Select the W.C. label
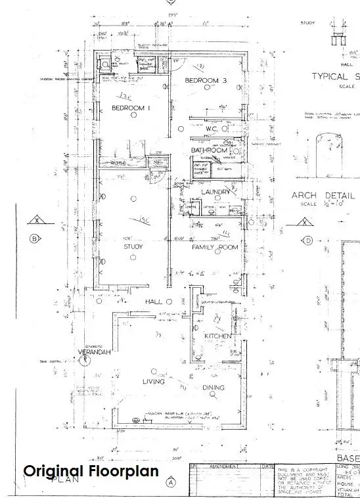click(211, 129)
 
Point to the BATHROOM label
click(209, 150)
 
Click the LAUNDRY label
click(216, 192)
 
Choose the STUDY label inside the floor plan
click(133, 247)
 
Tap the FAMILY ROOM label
click(214, 248)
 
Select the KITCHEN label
click(218, 336)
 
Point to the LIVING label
click(154, 381)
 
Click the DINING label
click(214, 388)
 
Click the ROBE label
click(118, 162)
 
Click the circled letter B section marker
click(33, 238)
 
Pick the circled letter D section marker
click(307, 240)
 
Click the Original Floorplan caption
click(91, 471)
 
